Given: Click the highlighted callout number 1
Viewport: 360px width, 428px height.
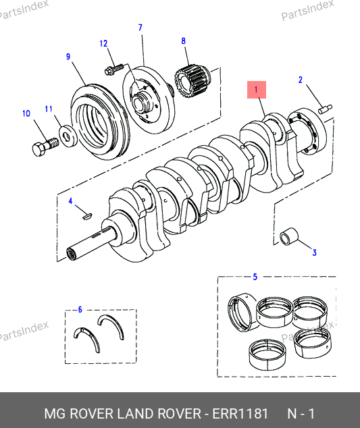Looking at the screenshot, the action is [x=257, y=90].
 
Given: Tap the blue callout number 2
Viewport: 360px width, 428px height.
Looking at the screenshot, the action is [x=301, y=80].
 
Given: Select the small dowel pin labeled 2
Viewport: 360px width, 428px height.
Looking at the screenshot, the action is [x=325, y=109].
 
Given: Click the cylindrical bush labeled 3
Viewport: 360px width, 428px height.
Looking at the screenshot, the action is [x=289, y=236].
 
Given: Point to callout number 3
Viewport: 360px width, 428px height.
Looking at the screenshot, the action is [x=314, y=252].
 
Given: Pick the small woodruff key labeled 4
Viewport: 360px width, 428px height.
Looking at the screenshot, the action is [x=87, y=216].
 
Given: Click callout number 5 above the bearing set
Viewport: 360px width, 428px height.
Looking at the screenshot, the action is [x=255, y=277].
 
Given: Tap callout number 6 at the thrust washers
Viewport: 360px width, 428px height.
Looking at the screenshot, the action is [x=80, y=310].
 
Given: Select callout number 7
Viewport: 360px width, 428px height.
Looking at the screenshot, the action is [x=140, y=28].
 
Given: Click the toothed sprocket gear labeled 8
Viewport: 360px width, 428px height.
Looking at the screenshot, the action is [x=193, y=82].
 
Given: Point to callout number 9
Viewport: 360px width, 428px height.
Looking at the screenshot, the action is [x=68, y=57].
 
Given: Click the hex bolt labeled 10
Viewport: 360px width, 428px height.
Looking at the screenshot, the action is [x=45, y=146].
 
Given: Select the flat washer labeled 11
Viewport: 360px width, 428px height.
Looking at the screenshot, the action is [x=68, y=136].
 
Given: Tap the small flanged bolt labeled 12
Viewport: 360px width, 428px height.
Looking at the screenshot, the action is [x=114, y=69].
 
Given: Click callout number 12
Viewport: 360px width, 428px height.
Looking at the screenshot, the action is [x=103, y=44].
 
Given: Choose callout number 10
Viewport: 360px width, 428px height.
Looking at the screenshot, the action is [x=26, y=113].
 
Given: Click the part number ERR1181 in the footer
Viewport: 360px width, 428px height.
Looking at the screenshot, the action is [x=240, y=413].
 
